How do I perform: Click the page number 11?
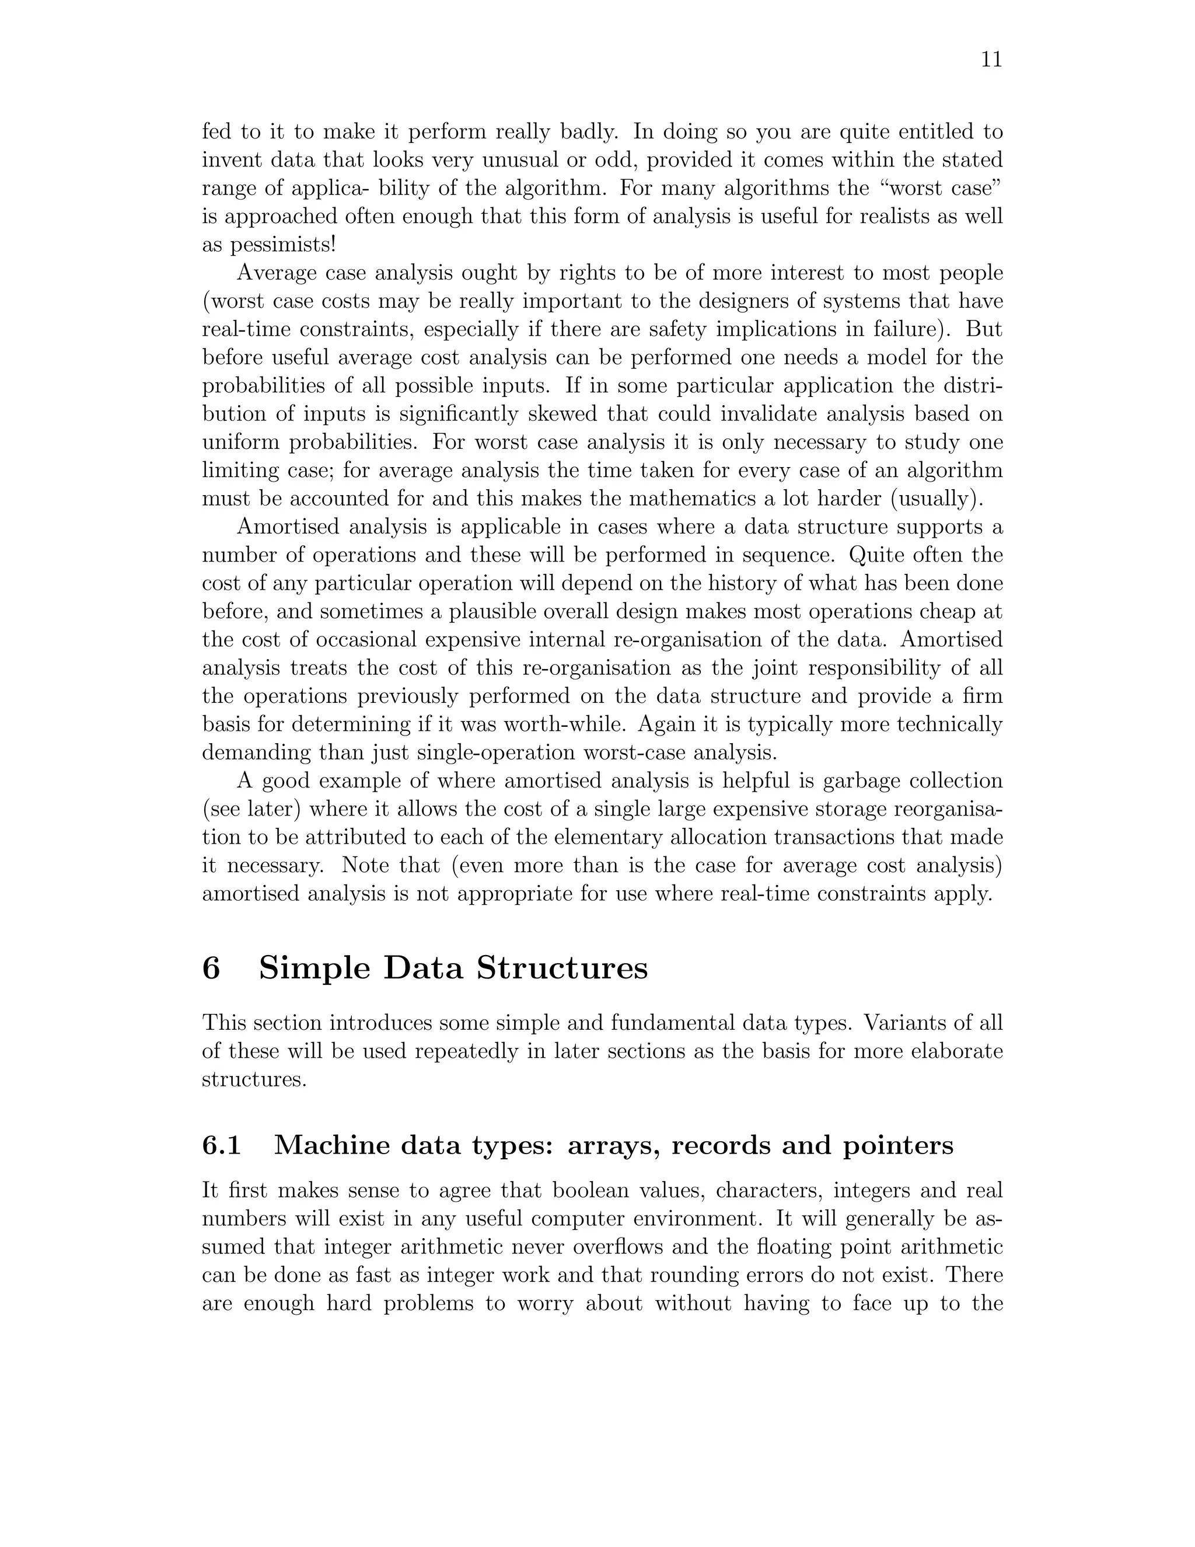click(992, 60)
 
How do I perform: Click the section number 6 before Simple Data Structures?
click(211, 968)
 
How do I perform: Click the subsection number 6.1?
click(222, 1145)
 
